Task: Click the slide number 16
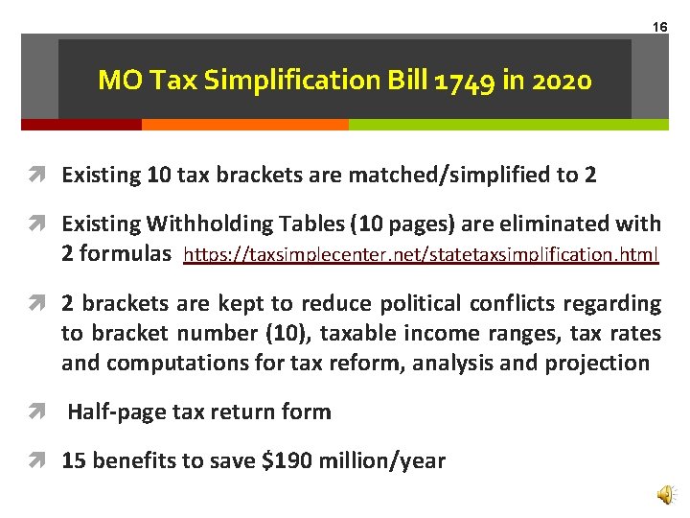pos(660,27)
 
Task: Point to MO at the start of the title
pos(117,81)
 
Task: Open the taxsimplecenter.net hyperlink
pos(421,256)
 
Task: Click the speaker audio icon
pos(664,494)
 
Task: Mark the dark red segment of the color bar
pos(81,125)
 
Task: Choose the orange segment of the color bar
pos(244,125)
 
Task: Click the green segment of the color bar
pos(508,125)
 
